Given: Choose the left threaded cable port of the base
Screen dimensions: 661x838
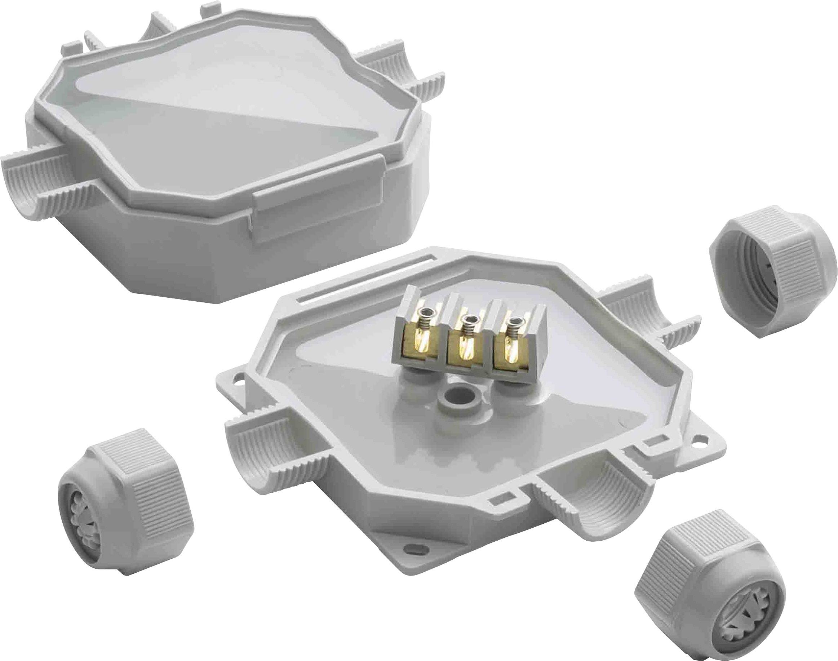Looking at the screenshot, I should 248,453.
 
